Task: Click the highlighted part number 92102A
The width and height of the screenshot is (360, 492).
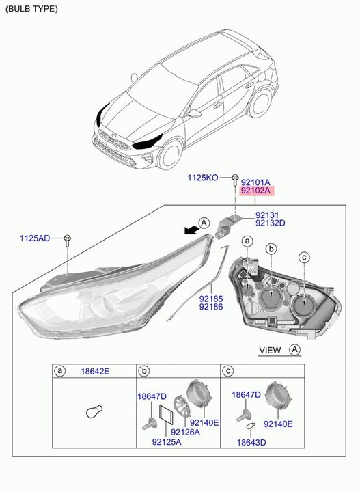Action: (x=256, y=192)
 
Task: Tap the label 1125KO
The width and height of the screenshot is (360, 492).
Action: (x=203, y=178)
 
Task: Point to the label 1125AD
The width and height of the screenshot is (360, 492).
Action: (x=34, y=238)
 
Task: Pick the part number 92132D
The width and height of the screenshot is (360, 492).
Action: (x=271, y=223)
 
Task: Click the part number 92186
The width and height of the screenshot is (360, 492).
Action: (x=210, y=307)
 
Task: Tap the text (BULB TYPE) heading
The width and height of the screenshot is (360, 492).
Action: (x=31, y=9)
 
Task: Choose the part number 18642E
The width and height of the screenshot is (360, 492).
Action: (x=96, y=371)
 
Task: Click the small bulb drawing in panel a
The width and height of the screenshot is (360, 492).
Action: (x=94, y=412)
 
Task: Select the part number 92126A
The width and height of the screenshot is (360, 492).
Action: (x=185, y=432)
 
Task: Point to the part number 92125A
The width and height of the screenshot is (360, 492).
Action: (x=167, y=442)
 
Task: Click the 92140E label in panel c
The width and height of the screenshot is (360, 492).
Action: (x=279, y=424)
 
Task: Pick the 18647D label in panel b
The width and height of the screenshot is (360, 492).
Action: (x=152, y=396)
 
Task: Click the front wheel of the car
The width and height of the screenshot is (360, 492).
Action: (x=168, y=154)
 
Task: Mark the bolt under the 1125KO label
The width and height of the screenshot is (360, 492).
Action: (x=234, y=180)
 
